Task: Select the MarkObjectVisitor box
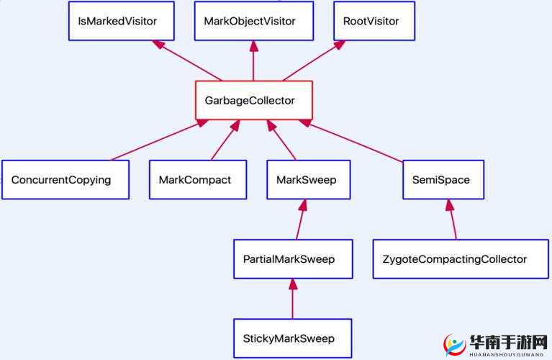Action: (x=253, y=21)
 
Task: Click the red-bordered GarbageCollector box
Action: (x=253, y=100)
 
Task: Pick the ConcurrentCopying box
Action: (x=65, y=179)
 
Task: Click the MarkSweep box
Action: (x=308, y=179)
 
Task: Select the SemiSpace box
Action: (x=442, y=179)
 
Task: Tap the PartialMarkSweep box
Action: (x=293, y=258)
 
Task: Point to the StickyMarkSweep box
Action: (x=293, y=338)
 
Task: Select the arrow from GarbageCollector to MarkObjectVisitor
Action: (x=253, y=60)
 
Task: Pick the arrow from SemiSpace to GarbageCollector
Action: (x=353, y=140)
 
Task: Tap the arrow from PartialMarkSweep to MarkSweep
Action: (x=300, y=220)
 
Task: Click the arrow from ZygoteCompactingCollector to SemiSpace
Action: (x=451, y=220)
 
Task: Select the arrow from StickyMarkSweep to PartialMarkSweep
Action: (x=293, y=299)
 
